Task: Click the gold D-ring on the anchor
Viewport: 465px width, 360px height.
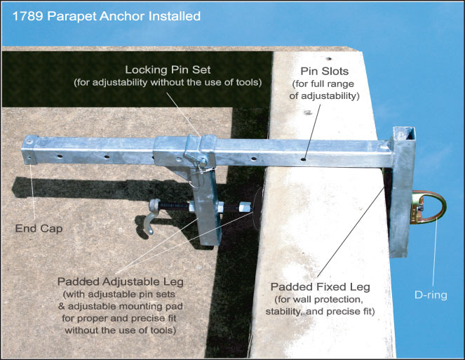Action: click(x=443, y=208)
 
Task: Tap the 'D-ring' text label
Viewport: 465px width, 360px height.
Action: click(x=431, y=295)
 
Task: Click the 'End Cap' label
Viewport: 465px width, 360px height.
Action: click(x=39, y=229)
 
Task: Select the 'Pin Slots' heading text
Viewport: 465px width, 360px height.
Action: click(x=325, y=72)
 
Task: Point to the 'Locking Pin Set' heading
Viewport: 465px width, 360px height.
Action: click(x=168, y=70)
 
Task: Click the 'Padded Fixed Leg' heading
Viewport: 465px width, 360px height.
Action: click(x=321, y=287)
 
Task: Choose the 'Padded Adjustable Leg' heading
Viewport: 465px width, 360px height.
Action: click(x=121, y=281)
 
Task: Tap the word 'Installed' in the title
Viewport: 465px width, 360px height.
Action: click(x=175, y=16)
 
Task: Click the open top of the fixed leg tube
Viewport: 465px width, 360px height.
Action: click(x=404, y=133)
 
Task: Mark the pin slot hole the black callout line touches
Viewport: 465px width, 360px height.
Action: click(x=303, y=159)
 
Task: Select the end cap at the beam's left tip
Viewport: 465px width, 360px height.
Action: click(x=29, y=149)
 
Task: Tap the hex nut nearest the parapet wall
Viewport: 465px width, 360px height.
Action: click(x=245, y=206)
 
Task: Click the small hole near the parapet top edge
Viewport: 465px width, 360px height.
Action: click(x=328, y=59)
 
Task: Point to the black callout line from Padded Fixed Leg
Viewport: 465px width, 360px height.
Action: click(x=351, y=232)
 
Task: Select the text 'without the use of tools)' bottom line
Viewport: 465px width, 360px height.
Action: click(x=121, y=331)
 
